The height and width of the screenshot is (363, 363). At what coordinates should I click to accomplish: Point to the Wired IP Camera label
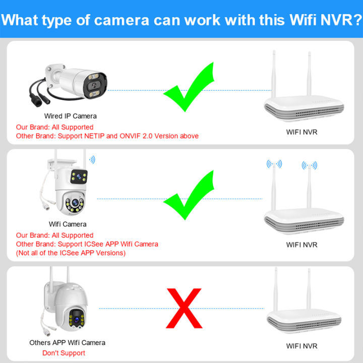pyautogui.click(x=71, y=116)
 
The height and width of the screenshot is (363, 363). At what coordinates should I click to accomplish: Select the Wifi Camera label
pyautogui.click(x=68, y=224)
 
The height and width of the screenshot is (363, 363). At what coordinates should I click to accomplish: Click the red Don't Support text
pyautogui.click(x=64, y=353)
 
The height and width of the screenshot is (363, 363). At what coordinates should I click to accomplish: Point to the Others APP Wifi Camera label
pyautogui.click(x=68, y=343)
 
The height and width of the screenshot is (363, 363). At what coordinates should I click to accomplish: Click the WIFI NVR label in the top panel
pyautogui.click(x=302, y=132)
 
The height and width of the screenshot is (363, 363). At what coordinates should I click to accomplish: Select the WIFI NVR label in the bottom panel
pyautogui.click(x=302, y=346)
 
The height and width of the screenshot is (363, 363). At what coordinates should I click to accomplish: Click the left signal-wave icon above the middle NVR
pyautogui.click(x=274, y=164)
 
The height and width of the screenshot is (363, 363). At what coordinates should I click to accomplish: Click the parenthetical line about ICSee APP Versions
pyautogui.click(x=71, y=253)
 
